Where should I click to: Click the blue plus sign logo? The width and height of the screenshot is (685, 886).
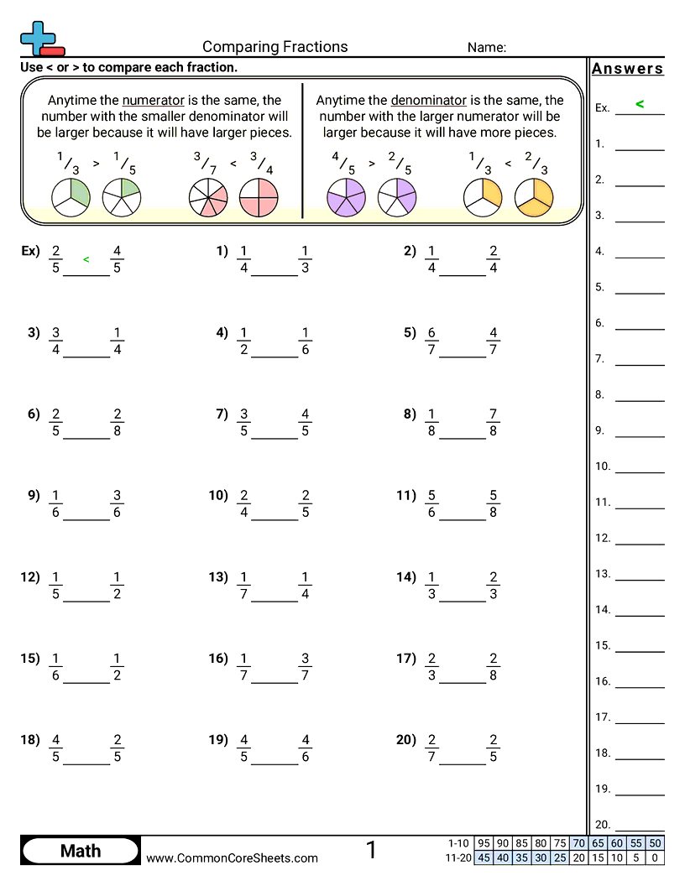click(x=37, y=37)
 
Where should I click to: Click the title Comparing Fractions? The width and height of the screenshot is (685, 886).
click(x=275, y=47)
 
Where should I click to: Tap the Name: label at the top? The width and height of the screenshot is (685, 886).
click(x=486, y=48)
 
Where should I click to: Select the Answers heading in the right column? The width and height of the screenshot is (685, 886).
click(x=627, y=69)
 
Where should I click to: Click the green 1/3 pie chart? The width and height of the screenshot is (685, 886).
click(x=71, y=196)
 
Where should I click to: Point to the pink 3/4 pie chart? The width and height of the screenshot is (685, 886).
click(x=259, y=198)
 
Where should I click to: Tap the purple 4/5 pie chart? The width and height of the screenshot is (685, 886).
click(x=345, y=198)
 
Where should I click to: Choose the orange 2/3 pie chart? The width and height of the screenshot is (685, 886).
click(x=533, y=197)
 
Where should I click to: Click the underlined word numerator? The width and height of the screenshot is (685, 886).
click(x=153, y=100)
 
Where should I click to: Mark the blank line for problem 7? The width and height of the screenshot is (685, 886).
click(x=275, y=437)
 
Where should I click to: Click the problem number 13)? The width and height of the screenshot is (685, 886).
click(x=218, y=576)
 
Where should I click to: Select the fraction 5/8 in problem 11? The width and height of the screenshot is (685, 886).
click(x=493, y=503)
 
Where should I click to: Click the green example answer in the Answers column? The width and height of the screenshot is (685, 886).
click(x=640, y=104)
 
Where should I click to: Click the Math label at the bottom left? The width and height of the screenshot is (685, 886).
click(x=81, y=851)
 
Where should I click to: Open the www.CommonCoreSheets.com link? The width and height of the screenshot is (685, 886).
click(x=232, y=857)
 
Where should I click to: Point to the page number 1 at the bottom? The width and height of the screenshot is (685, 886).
click(x=371, y=851)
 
